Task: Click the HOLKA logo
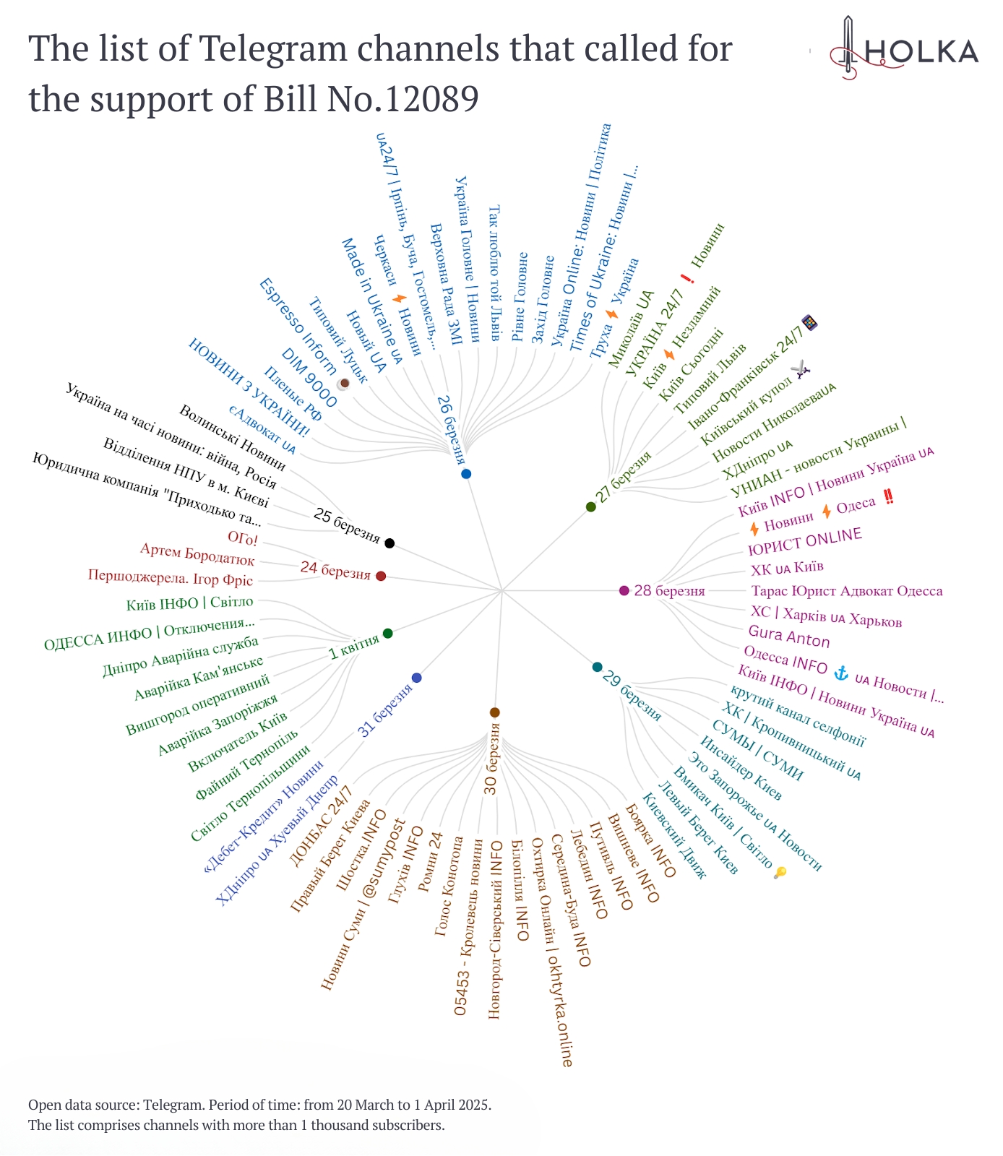coord(903,51)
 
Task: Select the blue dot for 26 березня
coord(466,474)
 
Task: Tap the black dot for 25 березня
coord(389,543)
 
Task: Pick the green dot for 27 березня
coord(591,507)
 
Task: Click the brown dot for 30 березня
coord(494,712)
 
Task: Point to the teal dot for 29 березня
coord(597,667)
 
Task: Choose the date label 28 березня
coord(669,591)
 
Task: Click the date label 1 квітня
coord(354,647)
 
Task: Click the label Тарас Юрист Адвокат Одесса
coord(847,591)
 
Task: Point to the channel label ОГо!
coord(243,538)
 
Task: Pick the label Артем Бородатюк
coord(197,555)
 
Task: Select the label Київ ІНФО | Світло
coord(190,603)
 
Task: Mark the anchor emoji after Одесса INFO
coord(840,673)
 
